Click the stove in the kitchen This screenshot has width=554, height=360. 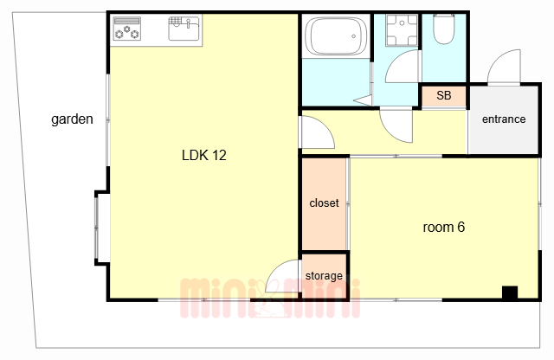click(x=127, y=29)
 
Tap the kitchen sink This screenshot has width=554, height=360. click(x=184, y=29)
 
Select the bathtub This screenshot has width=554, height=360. click(x=336, y=35)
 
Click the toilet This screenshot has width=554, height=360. click(x=444, y=29)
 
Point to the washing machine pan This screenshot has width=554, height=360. click(x=402, y=30)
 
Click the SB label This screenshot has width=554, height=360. click(x=444, y=95)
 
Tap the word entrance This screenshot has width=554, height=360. click(x=504, y=119)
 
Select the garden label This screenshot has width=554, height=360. click(x=72, y=119)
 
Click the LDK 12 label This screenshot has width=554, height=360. click(x=204, y=155)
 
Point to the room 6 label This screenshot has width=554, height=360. click(x=444, y=227)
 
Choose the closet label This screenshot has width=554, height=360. click(x=324, y=202)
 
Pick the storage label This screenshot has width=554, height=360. click(x=324, y=275)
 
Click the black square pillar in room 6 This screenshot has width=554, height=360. click(x=510, y=292)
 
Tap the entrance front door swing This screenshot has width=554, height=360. click(x=504, y=67)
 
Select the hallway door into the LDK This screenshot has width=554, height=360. click(x=317, y=132)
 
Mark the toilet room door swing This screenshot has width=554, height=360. click(x=403, y=66)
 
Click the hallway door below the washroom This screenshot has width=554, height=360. click(x=396, y=125)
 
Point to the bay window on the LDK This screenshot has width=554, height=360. click(x=101, y=228)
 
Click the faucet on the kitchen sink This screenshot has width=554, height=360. click(x=188, y=23)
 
